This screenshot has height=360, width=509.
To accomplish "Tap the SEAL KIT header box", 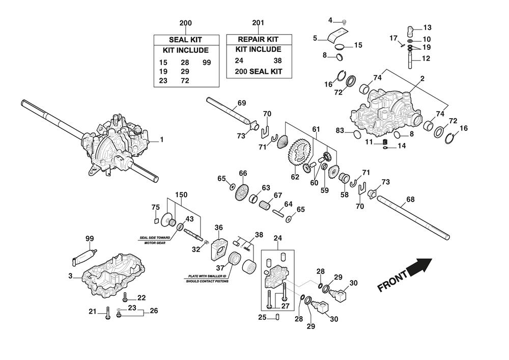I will [x=186, y=40].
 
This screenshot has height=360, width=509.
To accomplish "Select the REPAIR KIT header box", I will [x=259, y=39].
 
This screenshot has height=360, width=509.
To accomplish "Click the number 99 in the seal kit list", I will [x=207, y=62].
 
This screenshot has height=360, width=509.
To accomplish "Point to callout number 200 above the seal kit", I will [x=186, y=23].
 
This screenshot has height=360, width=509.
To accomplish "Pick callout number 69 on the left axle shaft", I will [x=242, y=103].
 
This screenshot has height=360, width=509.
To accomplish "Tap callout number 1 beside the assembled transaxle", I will [x=162, y=139].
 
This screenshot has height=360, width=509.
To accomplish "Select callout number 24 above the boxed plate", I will [x=278, y=238].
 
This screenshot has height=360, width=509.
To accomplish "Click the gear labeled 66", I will [x=243, y=190].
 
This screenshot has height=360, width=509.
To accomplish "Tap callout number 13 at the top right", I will [x=427, y=27].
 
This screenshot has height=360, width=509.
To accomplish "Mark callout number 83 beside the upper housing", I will [x=340, y=131].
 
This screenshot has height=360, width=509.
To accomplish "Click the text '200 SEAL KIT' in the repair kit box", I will [x=259, y=71].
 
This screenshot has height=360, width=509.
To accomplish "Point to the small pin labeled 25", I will [x=278, y=317].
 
